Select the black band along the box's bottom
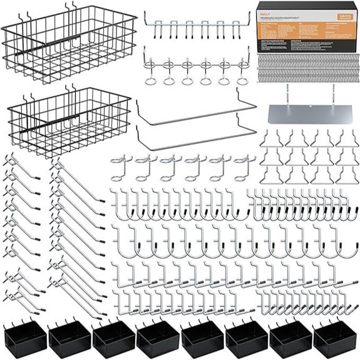(x=305, y=49)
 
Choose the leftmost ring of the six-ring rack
(x=151, y=80)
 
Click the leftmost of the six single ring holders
(x=121, y=167)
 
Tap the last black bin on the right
(x=335, y=340)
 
